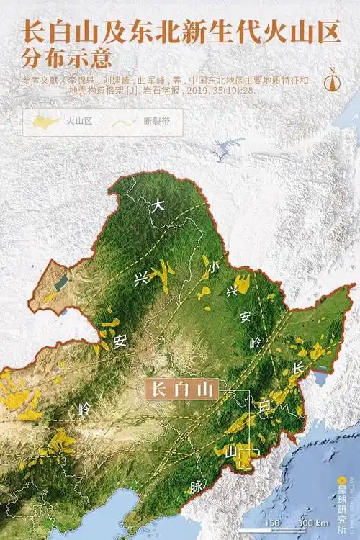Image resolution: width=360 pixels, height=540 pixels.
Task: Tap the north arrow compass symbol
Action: coord(332,80)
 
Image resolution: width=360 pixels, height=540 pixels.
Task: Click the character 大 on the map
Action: coord(158,205)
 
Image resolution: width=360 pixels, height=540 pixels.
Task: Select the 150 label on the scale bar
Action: coord(271,522)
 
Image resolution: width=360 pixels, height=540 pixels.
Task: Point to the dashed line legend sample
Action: coord(125,121)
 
